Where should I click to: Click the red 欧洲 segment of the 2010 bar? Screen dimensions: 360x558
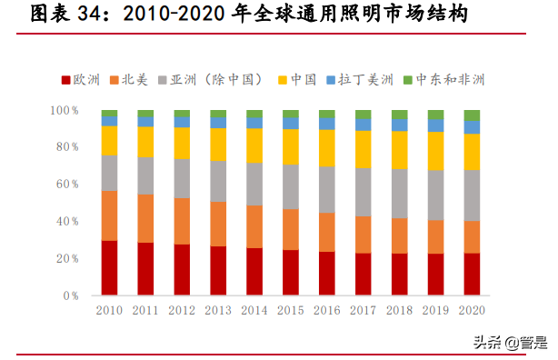(109, 268)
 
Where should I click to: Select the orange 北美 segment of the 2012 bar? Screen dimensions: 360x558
(182, 221)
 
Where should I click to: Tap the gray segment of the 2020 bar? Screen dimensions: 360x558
(472, 195)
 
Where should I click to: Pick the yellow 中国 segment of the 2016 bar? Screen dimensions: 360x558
(326, 147)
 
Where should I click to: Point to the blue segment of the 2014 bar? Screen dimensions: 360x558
(254, 123)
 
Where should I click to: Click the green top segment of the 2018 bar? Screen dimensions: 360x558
(399, 115)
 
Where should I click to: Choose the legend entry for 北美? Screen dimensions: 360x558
(134, 79)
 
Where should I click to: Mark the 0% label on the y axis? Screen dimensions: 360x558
(72, 295)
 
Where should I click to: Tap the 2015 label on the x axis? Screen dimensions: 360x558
(290, 310)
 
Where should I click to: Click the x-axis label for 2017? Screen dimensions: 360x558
(363, 310)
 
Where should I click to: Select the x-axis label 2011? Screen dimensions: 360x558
(145, 310)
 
